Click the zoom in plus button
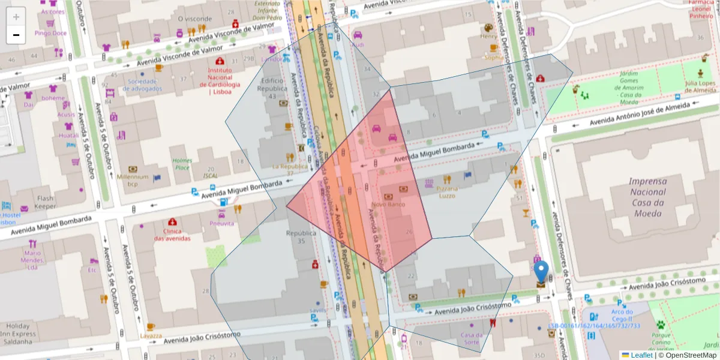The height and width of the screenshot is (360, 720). (x=16, y=17)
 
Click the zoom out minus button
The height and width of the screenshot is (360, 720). (x=16, y=35)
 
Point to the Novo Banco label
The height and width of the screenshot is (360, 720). (x=388, y=205)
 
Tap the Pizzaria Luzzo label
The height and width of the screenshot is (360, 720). (x=447, y=192)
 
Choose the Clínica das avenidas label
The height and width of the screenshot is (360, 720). (x=172, y=235)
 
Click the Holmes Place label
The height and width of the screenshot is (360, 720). (x=182, y=164)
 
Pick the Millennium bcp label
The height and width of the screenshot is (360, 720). (x=133, y=180)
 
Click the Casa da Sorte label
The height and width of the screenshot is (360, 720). (x=471, y=338)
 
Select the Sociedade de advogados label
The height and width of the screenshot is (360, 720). (x=142, y=85)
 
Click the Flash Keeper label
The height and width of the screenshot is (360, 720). (x=45, y=202)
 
